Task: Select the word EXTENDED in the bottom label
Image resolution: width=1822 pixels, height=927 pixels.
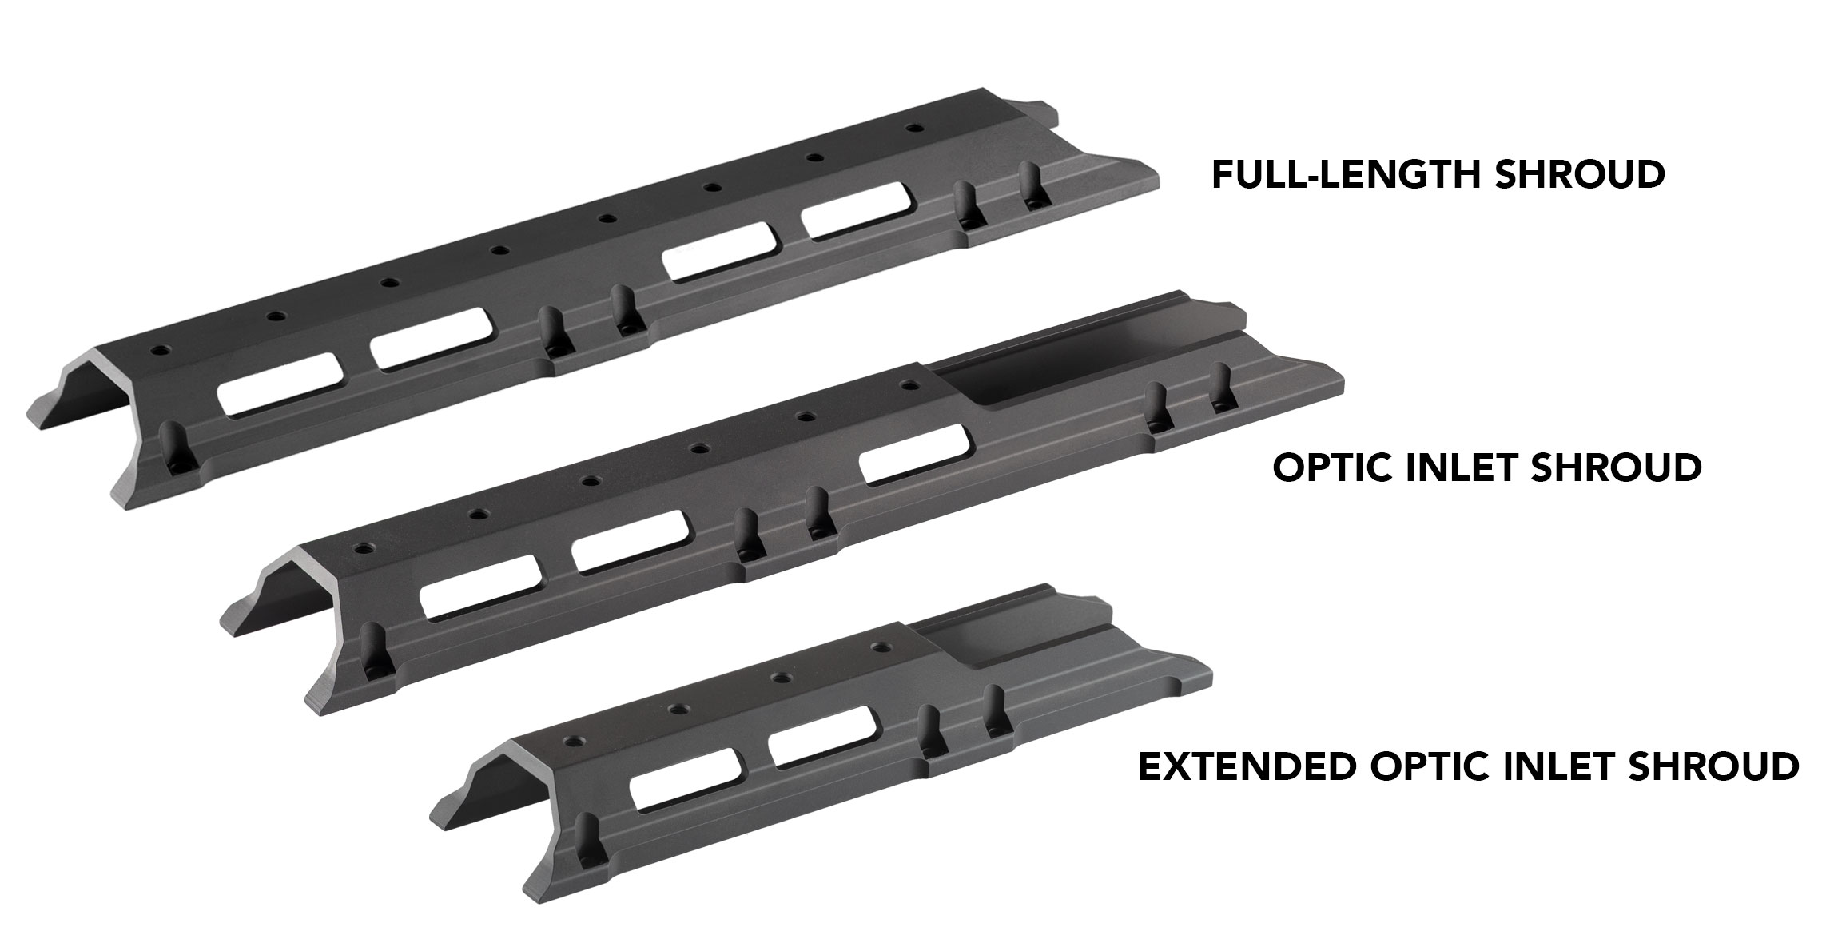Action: click(x=1247, y=767)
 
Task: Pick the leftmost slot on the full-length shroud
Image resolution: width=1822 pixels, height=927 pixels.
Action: click(x=281, y=384)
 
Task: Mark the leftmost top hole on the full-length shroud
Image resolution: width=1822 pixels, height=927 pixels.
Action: click(x=163, y=351)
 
